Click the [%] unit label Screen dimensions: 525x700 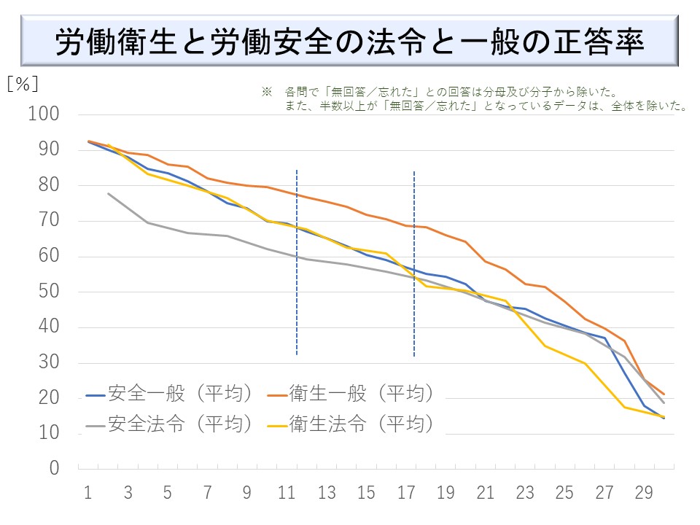(x=22, y=84)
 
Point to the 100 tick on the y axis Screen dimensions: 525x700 (x=44, y=115)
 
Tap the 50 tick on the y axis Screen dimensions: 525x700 (x=49, y=292)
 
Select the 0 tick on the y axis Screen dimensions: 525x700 (x=54, y=469)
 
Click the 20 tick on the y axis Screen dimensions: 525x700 (x=49, y=398)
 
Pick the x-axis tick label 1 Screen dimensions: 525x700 (x=88, y=493)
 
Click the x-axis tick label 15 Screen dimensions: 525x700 (x=366, y=493)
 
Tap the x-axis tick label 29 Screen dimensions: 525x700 (x=644, y=493)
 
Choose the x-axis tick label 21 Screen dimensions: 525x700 (x=485, y=493)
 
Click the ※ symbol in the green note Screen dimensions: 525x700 (x=266, y=93)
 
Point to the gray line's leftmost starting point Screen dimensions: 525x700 (x=108, y=193)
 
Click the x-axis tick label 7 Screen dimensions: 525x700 (x=207, y=493)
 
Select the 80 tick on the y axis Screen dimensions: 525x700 (x=49, y=186)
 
